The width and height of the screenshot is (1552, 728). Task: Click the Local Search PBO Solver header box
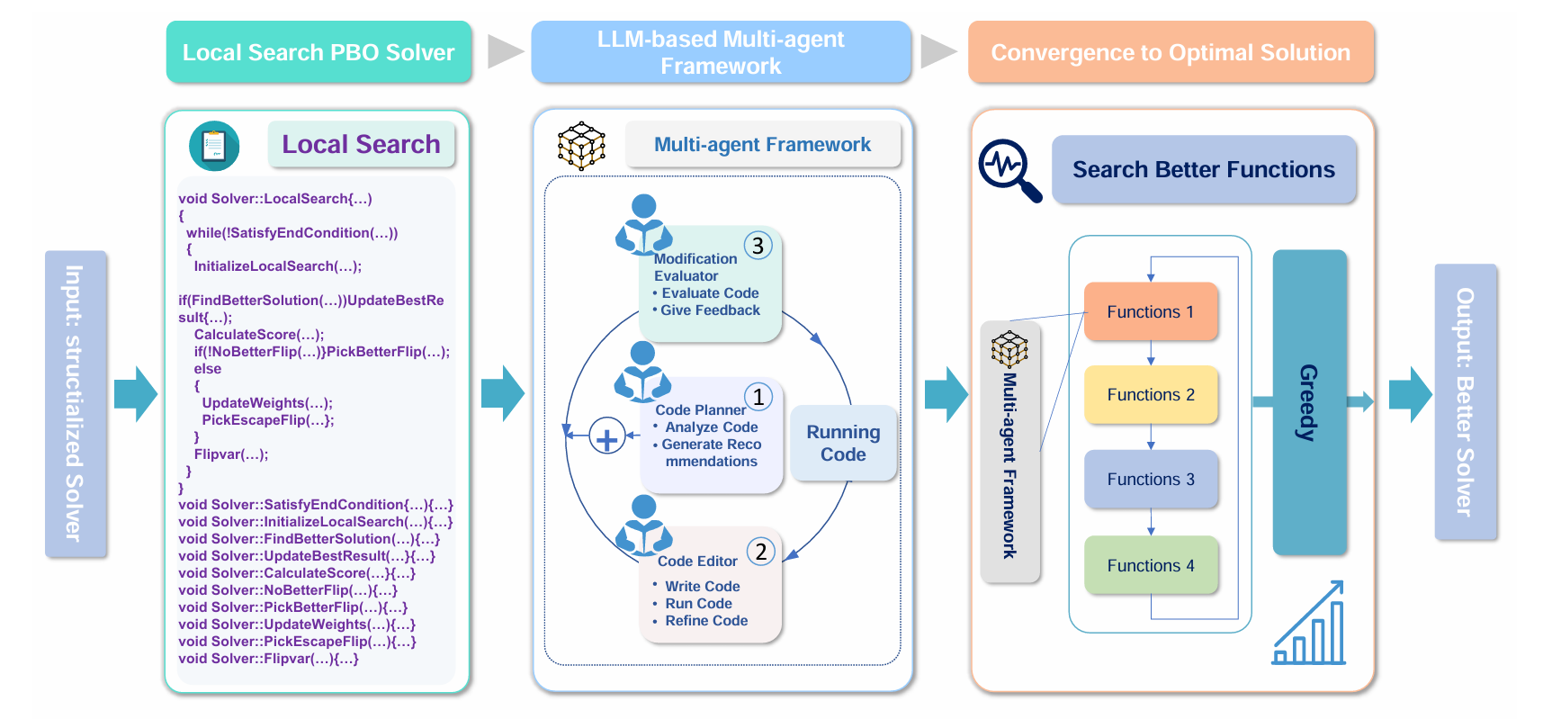coord(318,52)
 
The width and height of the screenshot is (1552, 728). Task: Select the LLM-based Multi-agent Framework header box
coord(721,52)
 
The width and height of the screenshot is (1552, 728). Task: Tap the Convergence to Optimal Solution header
coord(1171,52)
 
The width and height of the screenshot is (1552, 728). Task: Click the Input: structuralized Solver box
coord(76,403)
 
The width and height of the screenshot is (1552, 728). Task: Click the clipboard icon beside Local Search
coord(214,146)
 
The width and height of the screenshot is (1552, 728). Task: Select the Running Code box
coord(843,443)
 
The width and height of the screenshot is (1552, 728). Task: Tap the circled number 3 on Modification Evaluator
coord(758,245)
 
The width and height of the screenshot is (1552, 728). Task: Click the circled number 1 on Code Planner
coord(758,397)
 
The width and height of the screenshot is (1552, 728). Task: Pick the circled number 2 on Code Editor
coord(761,552)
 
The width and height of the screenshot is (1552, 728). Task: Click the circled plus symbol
coord(607,438)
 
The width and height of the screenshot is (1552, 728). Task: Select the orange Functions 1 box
coord(1151,311)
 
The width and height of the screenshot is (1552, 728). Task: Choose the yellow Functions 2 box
coord(1151,394)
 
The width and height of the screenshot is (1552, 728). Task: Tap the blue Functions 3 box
coord(1151,479)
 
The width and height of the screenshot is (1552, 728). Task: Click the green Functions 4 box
coord(1151,565)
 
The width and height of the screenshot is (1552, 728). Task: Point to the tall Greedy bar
coord(1309,401)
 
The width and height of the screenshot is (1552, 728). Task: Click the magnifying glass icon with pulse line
coord(1009,169)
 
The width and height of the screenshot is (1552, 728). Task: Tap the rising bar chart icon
coord(1310,625)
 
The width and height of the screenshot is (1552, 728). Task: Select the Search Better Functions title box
coord(1203,169)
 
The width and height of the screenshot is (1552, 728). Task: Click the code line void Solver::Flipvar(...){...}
coord(268,659)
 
